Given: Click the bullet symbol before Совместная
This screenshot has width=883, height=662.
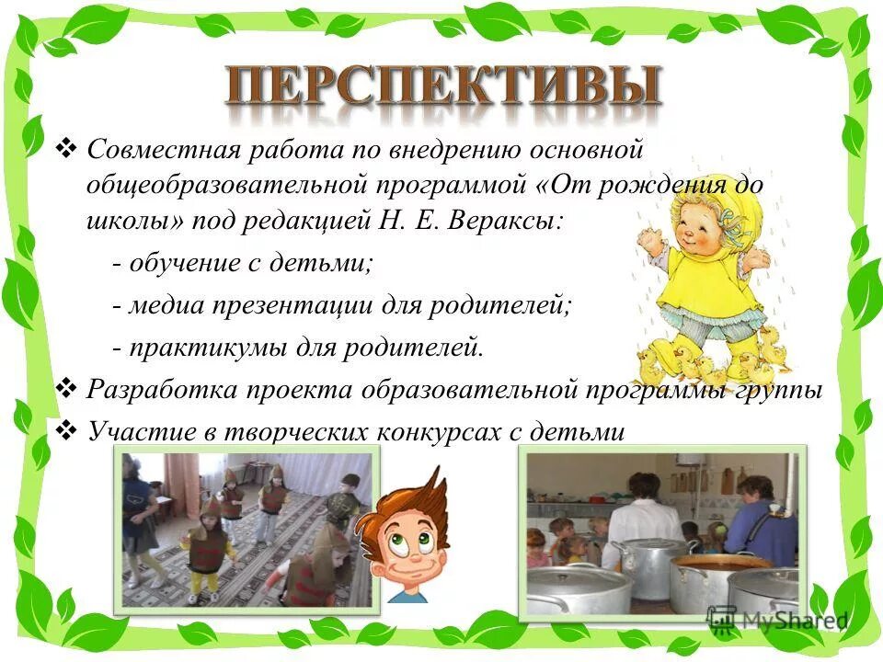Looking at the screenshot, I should coord(68,147).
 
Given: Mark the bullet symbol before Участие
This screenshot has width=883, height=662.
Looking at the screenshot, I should coord(68,429).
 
